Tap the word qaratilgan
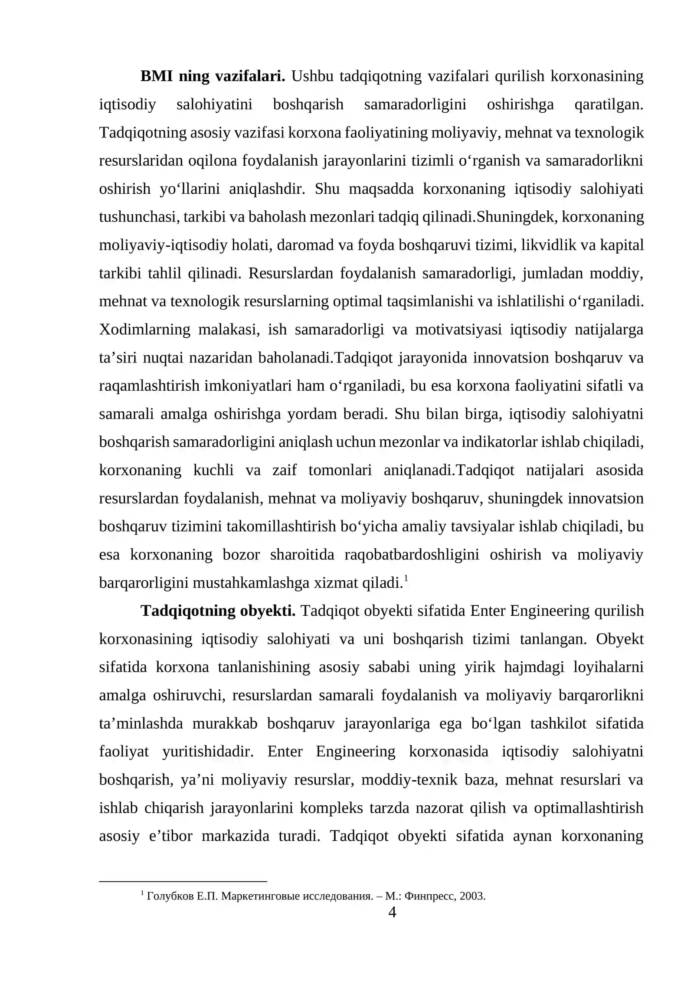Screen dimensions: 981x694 (x=609, y=105)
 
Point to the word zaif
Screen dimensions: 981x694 (x=285, y=471)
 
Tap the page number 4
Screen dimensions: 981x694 (x=392, y=912)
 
